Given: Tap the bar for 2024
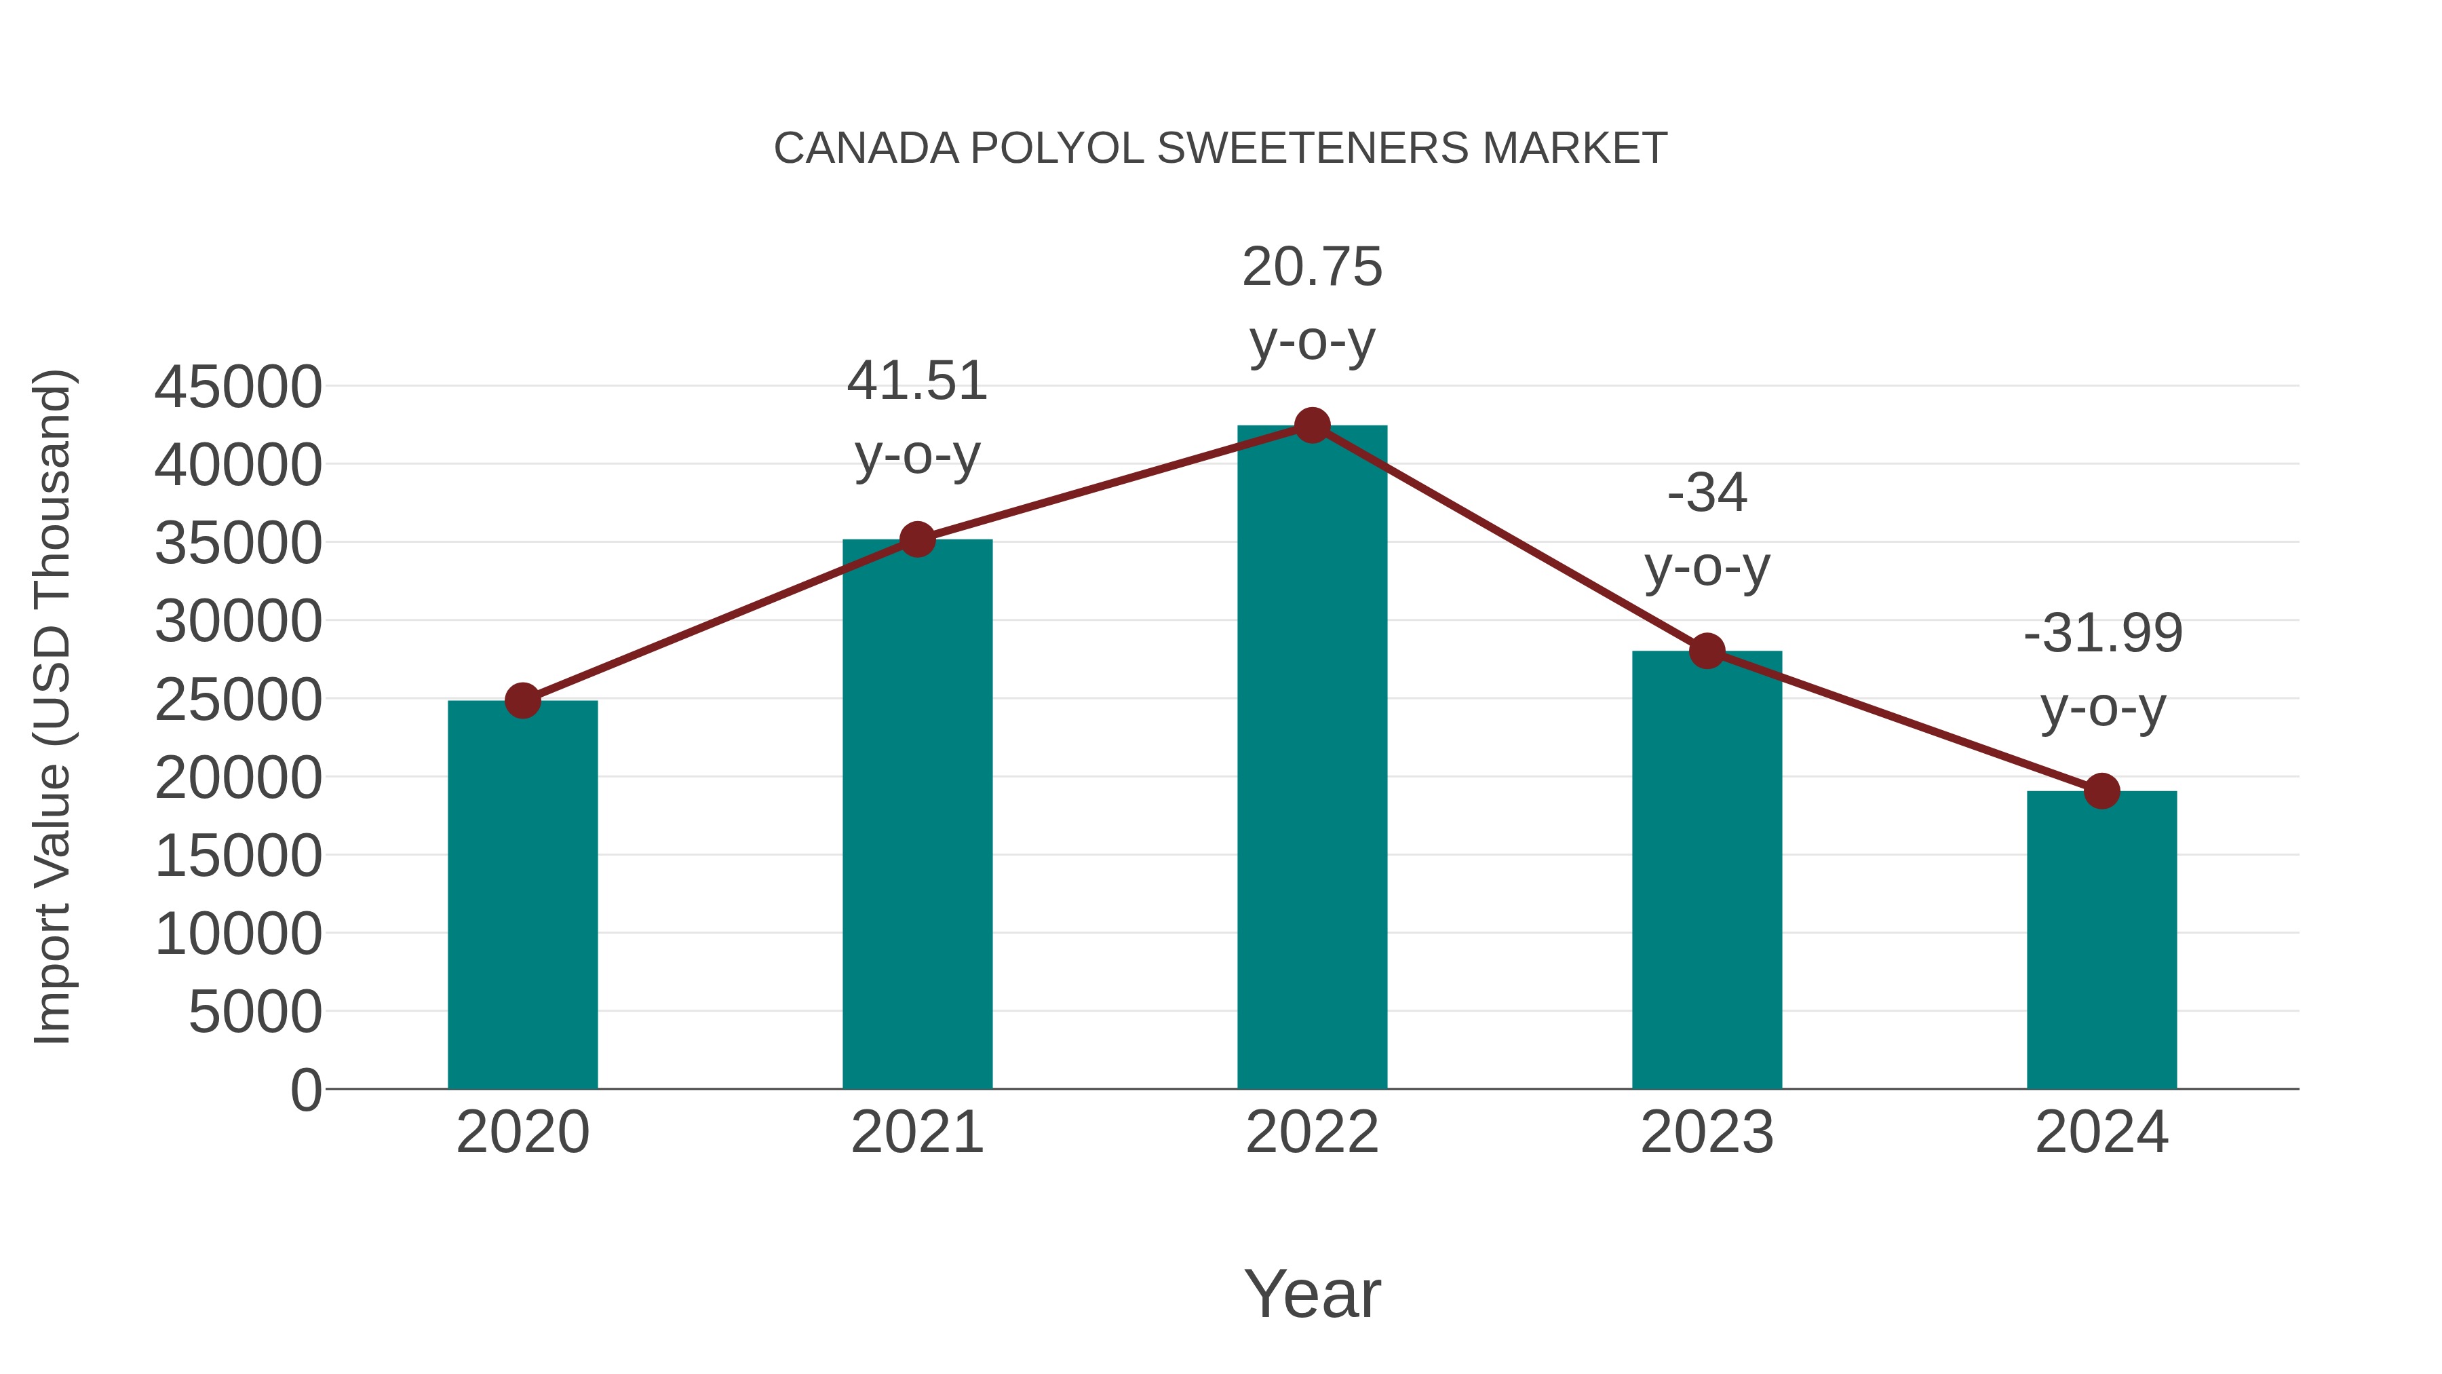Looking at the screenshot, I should tap(2101, 939).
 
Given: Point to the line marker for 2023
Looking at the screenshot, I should tap(1707, 651).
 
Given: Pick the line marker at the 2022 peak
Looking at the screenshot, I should tap(1312, 425).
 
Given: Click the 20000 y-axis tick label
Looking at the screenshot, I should tap(238, 778).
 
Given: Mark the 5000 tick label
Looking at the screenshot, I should tap(255, 1013).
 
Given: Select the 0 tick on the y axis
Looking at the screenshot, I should tap(306, 1090).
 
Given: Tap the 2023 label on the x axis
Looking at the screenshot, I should tap(1707, 1132).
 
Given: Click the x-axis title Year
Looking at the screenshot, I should tap(1312, 1293).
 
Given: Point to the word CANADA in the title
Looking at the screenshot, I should tap(866, 149).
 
